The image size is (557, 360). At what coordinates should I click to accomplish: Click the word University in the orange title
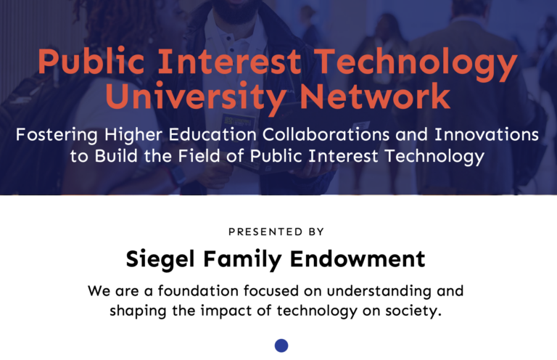click(196, 97)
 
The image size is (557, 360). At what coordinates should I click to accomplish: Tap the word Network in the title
click(375, 96)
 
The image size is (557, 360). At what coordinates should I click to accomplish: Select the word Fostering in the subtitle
click(57, 135)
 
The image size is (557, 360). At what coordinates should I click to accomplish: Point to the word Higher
click(133, 135)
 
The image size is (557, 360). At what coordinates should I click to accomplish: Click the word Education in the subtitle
click(213, 134)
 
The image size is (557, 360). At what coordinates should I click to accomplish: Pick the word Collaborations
click(326, 134)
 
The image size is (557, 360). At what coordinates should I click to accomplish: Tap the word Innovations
click(487, 134)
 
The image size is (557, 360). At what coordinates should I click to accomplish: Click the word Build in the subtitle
click(116, 155)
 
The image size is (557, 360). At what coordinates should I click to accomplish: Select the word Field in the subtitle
click(199, 155)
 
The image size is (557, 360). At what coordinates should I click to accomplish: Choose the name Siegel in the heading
click(160, 259)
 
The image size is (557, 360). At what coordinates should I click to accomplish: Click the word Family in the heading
click(243, 259)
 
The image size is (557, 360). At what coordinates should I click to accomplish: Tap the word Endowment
click(358, 258)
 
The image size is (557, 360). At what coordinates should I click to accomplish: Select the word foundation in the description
click(198, 291)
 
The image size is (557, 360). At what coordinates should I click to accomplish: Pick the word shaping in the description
click(138, 311)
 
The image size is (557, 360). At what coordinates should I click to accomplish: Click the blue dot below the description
click(281, 345)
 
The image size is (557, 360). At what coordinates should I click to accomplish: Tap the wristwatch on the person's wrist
click(177, 176)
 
